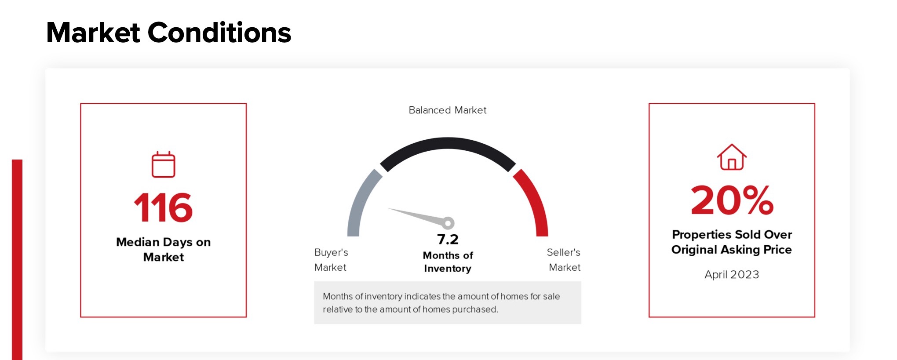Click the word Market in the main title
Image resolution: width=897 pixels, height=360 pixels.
pos(93,33)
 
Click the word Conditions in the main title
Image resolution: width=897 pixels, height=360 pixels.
pos(219,33)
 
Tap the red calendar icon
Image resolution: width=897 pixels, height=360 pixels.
pos(164,164)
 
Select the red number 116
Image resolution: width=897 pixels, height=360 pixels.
pos(163,207)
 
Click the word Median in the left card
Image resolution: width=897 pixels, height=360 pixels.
pos(138,242)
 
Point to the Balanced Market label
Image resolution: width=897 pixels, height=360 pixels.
pos(448,110)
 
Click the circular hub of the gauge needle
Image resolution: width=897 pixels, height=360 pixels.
pos(448,223)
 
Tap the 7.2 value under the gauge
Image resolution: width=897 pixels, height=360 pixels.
pos(448,240)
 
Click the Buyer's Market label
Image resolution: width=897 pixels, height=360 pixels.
pos(331,260)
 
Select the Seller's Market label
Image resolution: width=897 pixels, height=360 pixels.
pos(564,260)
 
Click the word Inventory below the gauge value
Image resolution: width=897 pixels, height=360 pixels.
pos(448,269)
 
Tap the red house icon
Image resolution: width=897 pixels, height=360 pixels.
pos(732,157)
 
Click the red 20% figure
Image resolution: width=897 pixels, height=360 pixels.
pos(732,200)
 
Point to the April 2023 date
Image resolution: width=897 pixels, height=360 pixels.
pos(732,275)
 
